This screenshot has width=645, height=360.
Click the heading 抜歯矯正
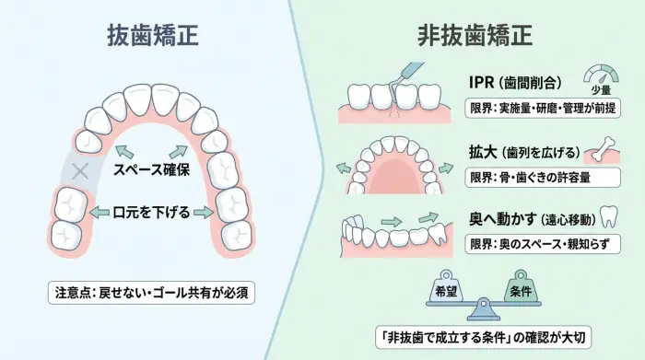coord(151,35)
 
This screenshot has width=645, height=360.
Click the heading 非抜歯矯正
coord(475,35)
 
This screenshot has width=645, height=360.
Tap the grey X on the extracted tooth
coord(80,170)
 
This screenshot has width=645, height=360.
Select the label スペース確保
coord(151,170)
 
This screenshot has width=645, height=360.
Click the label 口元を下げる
coord(151,212)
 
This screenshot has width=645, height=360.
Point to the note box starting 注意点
coord(151,294)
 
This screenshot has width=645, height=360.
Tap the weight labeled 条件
coord(516,286)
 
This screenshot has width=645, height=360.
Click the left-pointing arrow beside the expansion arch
coord(343,168)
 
